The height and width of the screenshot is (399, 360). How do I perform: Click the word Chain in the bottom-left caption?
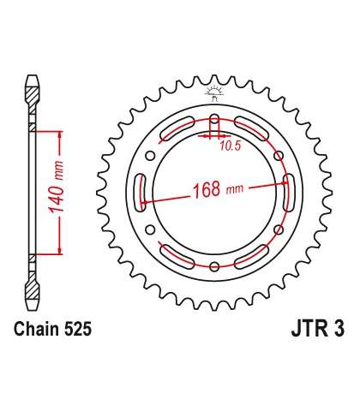coord(37,329)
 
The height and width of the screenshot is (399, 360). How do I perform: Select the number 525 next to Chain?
coord(78,329)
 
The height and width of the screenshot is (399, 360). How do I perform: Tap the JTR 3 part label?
coord(318,329)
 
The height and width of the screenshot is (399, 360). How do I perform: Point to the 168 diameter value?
coord(207,189)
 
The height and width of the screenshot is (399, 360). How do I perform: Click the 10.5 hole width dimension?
coord(231,146)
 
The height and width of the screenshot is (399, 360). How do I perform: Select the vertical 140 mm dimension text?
coord(56,187)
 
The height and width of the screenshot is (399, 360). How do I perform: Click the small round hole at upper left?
coord(150,156)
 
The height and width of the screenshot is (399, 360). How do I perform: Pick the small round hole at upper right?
coord(279,156)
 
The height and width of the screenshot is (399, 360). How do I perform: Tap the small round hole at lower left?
coord(150,229)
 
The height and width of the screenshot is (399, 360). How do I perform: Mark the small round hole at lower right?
coord(279,229)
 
